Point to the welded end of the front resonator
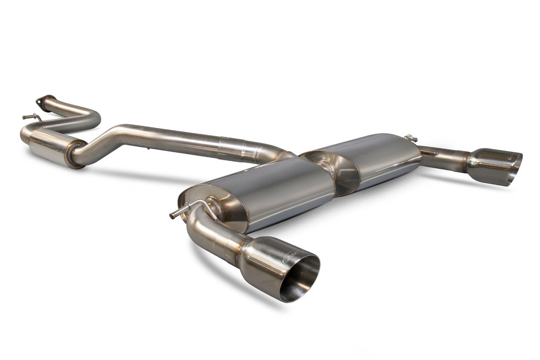(x=74, y=154)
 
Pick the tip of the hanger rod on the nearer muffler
(x=172, y=216)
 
